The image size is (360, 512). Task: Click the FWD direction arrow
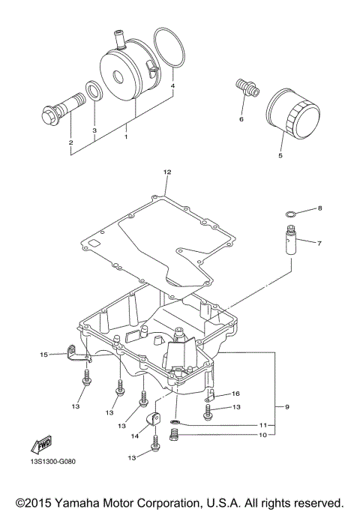pos(41,445)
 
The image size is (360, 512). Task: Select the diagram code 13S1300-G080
pos(53,462)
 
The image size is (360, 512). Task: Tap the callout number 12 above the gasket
pos(167,172)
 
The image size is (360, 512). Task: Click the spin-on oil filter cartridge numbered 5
pos(293,114)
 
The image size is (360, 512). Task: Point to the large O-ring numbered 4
pos(169,48)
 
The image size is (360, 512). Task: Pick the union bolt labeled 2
pos(64,106)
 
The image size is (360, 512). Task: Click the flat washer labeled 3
pos(94,90)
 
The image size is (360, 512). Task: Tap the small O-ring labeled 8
pos(290,214)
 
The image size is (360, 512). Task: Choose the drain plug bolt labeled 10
pos(175,436)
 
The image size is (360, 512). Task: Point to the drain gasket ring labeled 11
pos(175,422)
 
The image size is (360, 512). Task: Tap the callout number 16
pos(235,394)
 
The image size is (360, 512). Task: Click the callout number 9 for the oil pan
pos(287,407)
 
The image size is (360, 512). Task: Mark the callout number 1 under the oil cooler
pos(126,136)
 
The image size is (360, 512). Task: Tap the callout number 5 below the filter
pos(280,155)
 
